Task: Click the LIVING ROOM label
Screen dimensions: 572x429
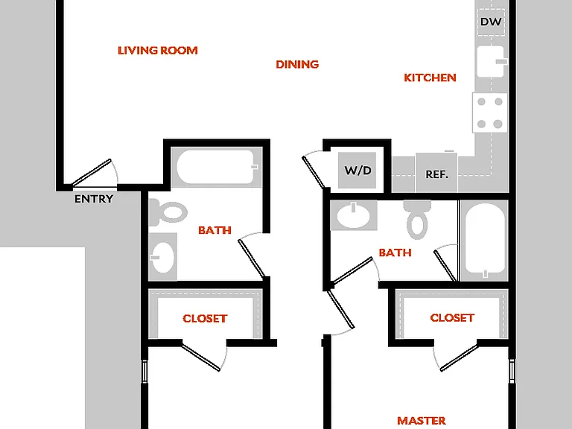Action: pyautogui.click(x=158, y=51)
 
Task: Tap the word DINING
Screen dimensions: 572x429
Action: pyautogui.click(x=297, y=65)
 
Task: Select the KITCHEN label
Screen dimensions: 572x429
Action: pyautogui.click(x=430, y=77)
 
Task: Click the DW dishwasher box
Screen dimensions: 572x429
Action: pyautogui.click(x=491, y=22)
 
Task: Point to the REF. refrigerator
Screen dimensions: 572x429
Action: pyautogui.click(x=436, y=173)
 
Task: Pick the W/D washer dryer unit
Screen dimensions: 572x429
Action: pyautogui.click(x=357, y=171)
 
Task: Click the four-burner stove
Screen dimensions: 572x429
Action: pyautogui.click(x=490, y=112)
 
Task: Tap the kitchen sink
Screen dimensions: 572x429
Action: pyautogui.click(x=491, y=62)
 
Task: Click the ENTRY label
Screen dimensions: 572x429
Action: pyautogui.click(x=94, y=199)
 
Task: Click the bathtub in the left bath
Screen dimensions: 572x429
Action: pyautogui.click(x=217, y=168)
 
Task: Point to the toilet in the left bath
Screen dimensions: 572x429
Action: pyautogui.click(x=168, y=212)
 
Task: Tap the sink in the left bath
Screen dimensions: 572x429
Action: pyautogui.click(x=162, y=257)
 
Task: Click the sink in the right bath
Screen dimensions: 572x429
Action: pyautogui.click(x=353, y=215)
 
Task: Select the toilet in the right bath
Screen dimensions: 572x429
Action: pyautogui.click(x=417, y=220)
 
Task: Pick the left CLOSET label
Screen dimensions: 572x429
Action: pyautogui.click(x=205, y=319)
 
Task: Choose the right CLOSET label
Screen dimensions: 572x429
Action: pyautogui.click(x=452, y=318)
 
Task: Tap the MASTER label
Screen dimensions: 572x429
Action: pyautogui.click(x=422, y=421)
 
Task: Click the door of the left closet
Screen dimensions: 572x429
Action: pyautogui.click(x=201, y=357)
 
